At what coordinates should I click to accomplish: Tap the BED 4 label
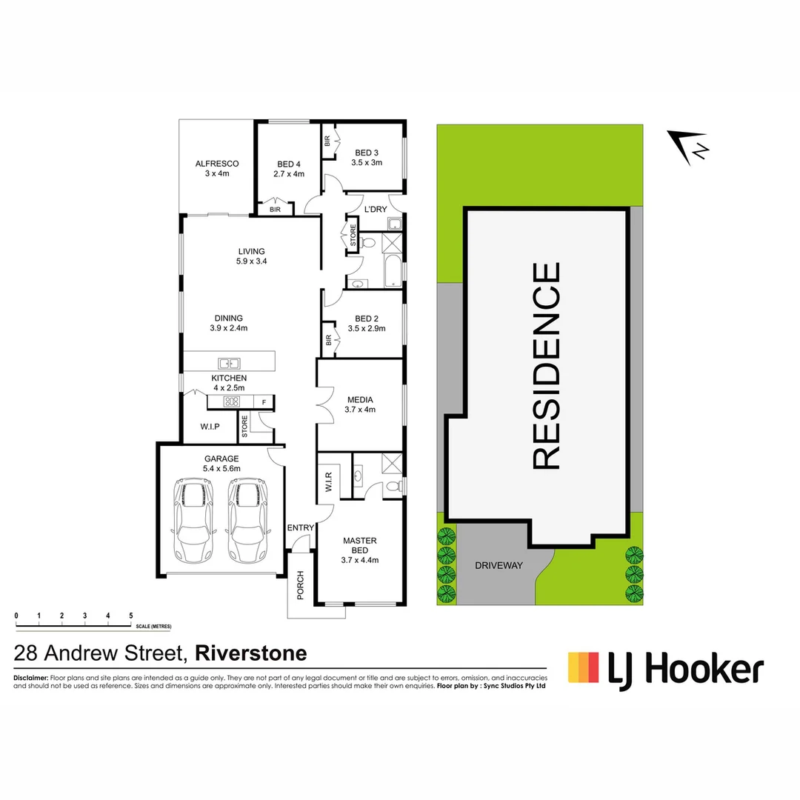289,164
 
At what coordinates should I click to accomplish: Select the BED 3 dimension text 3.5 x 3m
367,163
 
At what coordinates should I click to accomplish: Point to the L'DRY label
375,210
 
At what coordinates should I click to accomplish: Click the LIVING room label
251,251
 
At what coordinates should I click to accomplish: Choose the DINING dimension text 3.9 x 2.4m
228,328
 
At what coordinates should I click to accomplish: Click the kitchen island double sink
229,363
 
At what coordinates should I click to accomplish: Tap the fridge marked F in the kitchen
263,402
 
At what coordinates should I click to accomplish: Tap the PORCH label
301,584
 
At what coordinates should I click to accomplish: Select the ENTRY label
301,527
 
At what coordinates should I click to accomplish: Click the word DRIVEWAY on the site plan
499,565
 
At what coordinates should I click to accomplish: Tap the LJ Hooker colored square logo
583,667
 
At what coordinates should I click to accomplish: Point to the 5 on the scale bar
131,616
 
